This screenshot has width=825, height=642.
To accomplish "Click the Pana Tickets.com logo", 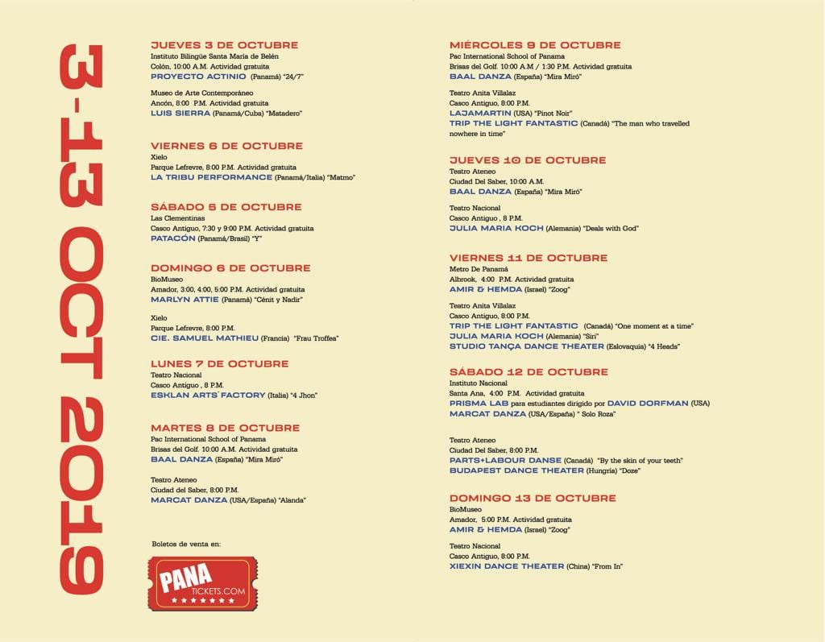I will pyautogui.click(x=202, y=584).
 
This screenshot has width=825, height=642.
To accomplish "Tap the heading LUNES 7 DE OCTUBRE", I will pyautogui.click(x=219, y=364).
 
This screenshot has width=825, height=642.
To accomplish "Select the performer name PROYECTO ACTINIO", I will pyautogui.click(x=198, y=77).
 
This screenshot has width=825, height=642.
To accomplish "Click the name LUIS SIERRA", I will pyautogui.click(x=180, y=114).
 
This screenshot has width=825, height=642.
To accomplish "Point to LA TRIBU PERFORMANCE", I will pyautogui.click(x=211, y=177).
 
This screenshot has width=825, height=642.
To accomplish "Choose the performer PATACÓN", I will pyautogui.click(x=173, y=238).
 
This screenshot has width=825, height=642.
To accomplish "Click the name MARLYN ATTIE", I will pyautogui.click(x=184, y=300).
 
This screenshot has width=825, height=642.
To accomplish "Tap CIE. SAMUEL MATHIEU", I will pyautogui.click(x=205, y=338).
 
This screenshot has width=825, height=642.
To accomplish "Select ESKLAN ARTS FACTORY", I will pyautogui.click(x=208, y=396).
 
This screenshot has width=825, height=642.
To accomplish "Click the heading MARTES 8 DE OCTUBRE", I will pyautogui.click(x=225, y=428).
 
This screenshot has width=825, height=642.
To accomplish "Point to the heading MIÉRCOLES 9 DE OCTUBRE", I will pyautogui.click(x=535, y=45).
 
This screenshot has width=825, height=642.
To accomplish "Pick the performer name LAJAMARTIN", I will pyautogui.click(x=480, y=114).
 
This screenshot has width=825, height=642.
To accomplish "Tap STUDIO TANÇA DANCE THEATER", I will pyautogui.click(x=527, y=346).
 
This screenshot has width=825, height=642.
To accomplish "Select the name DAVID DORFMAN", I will pyautogui.click(x=647, y=403).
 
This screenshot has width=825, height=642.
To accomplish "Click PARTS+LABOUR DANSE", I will pyautogui.click(x=505, y=461).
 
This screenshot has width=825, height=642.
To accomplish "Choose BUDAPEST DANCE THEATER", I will pyautogui.click(x=516, y=470).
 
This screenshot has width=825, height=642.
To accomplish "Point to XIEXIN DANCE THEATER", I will pyautogui.click(x=507, y=566).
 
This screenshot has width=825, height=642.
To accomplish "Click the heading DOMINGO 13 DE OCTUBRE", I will pyautogui.click(x=533, y=499).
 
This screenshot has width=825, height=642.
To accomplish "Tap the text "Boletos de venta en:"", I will pyautogui.click(x=186, y=545).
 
